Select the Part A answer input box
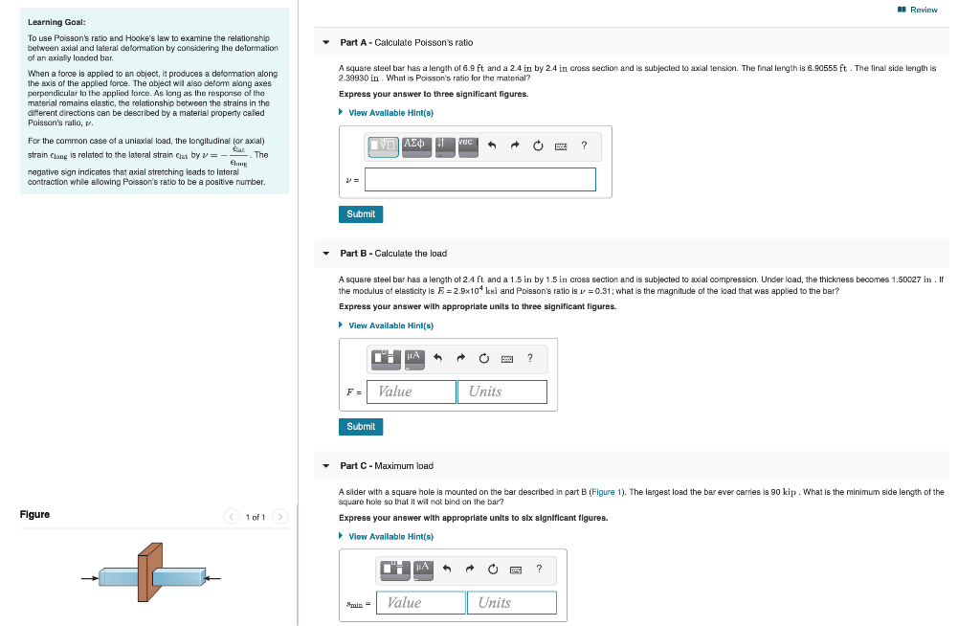tap(480, 179)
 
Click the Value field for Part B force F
tap(412, 391)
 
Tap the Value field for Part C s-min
tap(421, 602)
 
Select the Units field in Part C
tap(511, 602)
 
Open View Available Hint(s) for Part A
tap(390, 113)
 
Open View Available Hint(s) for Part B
tap(390, 325)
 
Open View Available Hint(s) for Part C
tap(390, 536)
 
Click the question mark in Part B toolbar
tap(530, 358)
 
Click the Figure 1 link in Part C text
tap(603, 492)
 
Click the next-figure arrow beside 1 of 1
tap(278, 517)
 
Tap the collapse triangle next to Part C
tap(326, 466)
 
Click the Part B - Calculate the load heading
tap(392, 254)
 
